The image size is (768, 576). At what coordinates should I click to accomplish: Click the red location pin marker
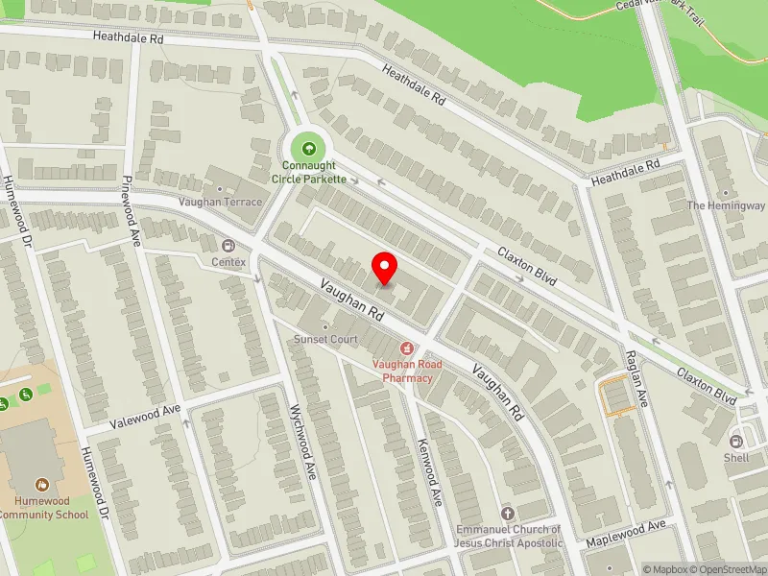(x=385, y=269)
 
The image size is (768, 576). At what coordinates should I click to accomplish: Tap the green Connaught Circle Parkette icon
(x=308, y=149)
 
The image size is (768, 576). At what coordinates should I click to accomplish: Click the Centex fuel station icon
(x=229, y=246)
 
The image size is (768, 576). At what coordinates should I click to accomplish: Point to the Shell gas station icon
(x=737, y=442)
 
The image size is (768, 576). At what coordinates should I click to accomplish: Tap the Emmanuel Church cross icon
(x=508, y=514)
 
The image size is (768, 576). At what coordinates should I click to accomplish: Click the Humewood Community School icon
(x=42, y=486)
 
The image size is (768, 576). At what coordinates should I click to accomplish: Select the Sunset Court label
(x=325, y=339)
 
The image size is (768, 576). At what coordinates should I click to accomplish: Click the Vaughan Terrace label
(x=220, y=202)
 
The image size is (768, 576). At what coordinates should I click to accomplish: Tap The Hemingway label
(x=725, y=205)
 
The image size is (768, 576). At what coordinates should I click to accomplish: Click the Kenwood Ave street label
(x=429, y=473)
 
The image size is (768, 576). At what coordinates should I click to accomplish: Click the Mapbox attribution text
(x=665, y=569)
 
